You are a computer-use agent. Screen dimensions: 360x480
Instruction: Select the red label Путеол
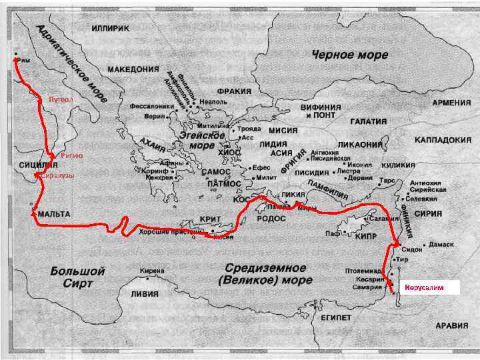click(x=60, y=99)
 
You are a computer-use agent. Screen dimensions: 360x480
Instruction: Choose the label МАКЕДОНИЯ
click(x=133, y=69)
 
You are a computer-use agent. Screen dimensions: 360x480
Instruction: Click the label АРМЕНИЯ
click(x=452, y=103)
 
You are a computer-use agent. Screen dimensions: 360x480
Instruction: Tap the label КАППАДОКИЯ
click(x=442, y=141)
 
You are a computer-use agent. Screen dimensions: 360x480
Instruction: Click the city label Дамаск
click(x=441, y=245)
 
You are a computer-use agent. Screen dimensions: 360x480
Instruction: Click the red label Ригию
click(x=71, y=155)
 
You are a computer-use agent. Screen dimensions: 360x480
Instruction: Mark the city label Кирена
click(x=153, y=271)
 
